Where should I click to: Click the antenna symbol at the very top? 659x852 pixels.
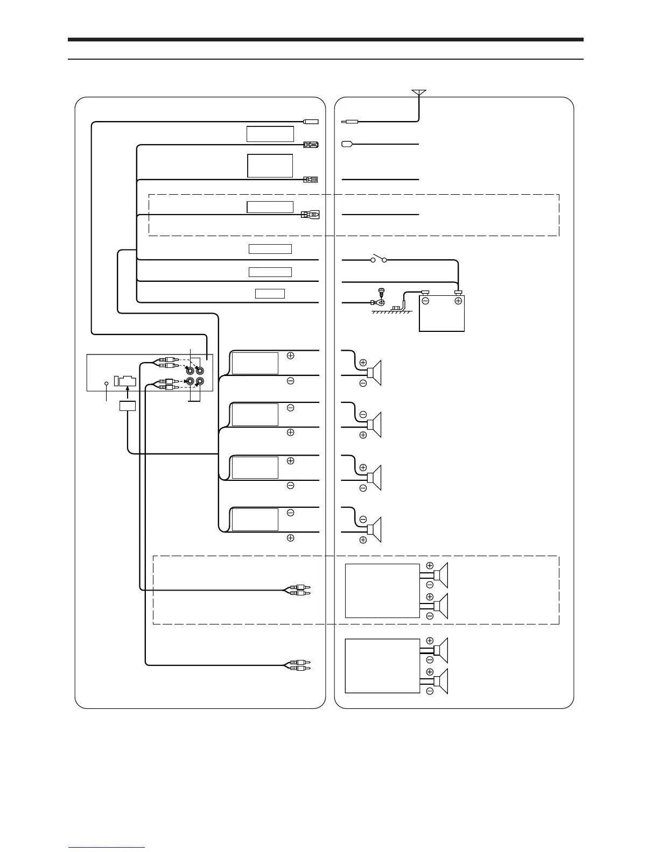pos(419,93)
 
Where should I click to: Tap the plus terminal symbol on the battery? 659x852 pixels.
pos(458,301)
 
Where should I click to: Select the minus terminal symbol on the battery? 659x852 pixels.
pos(425,301)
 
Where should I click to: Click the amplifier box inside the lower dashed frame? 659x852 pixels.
pos(382,591)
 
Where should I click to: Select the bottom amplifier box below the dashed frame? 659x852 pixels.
pos(382,666)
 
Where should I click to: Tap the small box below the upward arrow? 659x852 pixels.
pos(127,406)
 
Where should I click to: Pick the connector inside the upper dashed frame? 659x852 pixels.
pos(310,215)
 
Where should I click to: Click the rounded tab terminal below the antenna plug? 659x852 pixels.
pos(347,144)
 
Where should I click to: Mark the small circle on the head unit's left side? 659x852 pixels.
pos(106,384)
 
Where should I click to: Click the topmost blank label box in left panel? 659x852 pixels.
pos(270,134)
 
